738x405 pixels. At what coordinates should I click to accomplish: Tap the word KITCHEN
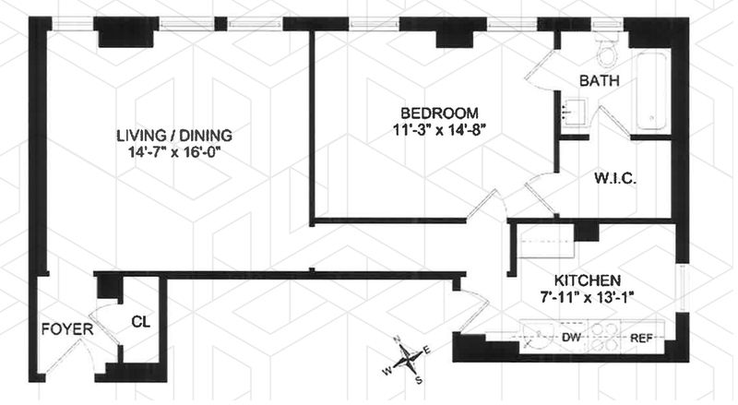[x=587, y=280]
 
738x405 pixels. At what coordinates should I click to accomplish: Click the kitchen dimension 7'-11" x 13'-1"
[x=588, y=297]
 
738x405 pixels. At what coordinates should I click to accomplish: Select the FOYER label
[x=65, y=328]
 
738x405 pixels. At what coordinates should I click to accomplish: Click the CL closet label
[x=140, y=323]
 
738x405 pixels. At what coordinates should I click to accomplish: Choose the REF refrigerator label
[x=641, y=338]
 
